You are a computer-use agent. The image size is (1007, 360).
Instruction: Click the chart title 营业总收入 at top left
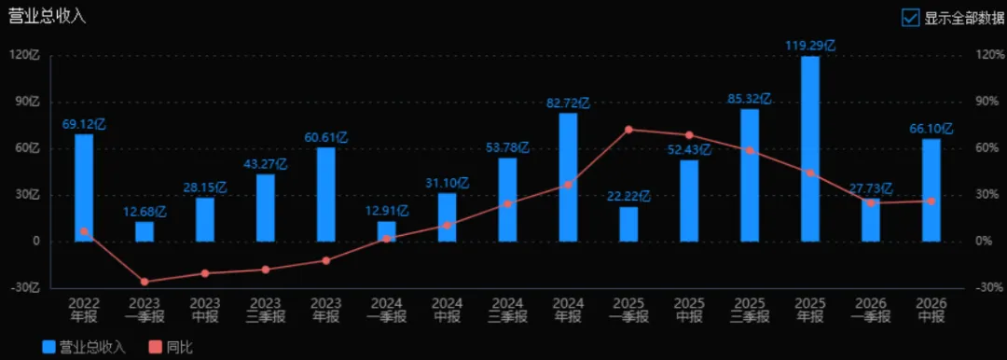(47, 17)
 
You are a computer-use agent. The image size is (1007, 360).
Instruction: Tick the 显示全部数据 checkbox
(911, 18)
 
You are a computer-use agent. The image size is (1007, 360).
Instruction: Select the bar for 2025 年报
(810, 149)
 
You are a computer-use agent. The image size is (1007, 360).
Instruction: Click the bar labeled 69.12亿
(84, 187)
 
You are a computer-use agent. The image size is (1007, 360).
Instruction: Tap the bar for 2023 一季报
(145, 232)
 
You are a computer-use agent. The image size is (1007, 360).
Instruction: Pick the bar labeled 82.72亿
(568, 177)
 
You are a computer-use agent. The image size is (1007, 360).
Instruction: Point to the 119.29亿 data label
(810, 47)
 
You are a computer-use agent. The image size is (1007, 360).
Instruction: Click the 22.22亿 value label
(628, 196)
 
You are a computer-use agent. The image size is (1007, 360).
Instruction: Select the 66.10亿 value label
(931, 129)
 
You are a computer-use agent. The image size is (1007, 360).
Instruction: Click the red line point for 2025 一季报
(628, 130)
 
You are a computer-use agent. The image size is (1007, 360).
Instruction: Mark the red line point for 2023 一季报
(145, 282)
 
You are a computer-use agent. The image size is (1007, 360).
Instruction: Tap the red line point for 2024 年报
(568, 185)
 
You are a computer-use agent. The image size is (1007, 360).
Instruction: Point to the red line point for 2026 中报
(931, 201)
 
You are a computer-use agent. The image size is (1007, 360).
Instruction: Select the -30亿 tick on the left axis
(27, 287)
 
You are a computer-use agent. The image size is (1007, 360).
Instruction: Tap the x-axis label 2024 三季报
(507, 310)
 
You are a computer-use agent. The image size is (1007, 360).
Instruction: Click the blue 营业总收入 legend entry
(84, 347)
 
